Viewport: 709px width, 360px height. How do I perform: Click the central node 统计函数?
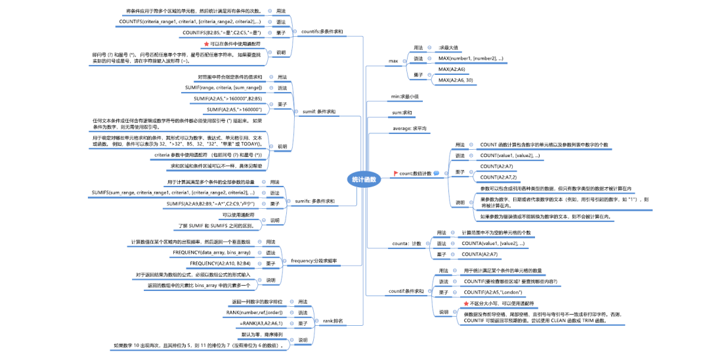364,179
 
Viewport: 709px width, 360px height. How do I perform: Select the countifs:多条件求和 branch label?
321,31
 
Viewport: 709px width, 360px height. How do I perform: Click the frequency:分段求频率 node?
314,261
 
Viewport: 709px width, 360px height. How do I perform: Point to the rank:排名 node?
333,321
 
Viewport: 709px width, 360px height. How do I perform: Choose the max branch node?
393,61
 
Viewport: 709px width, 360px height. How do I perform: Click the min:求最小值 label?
404,97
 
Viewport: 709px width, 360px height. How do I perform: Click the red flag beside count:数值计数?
395,173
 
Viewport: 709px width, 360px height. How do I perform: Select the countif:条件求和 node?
406,290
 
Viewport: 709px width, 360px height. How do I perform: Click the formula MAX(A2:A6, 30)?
464,80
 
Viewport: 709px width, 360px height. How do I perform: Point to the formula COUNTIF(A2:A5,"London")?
493,292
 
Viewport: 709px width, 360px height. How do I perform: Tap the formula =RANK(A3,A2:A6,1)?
261,323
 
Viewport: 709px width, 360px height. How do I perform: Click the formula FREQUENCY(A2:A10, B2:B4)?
220,263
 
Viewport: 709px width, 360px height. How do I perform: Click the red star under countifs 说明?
207,43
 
